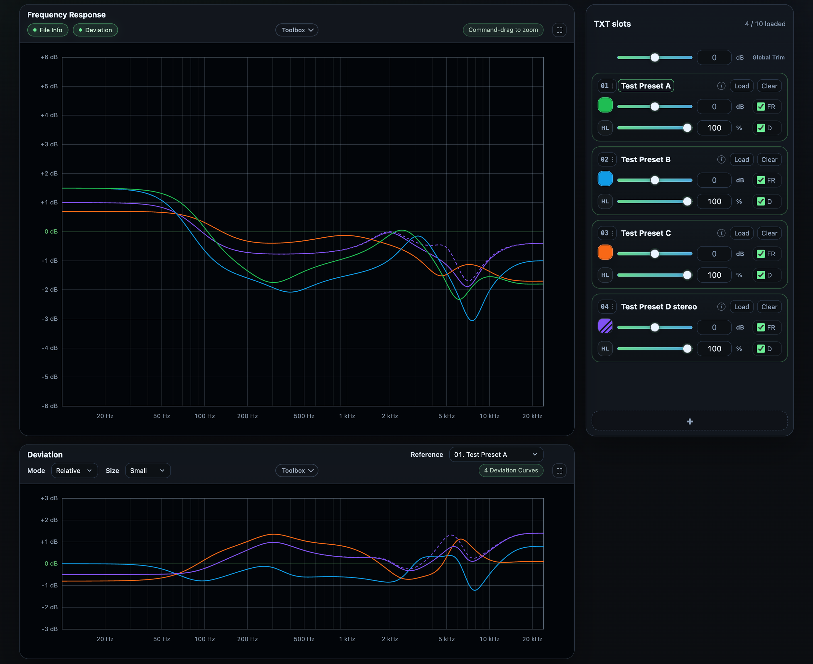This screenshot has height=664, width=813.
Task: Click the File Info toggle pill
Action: [48, 30]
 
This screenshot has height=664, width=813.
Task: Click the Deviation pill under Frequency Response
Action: [95, 30]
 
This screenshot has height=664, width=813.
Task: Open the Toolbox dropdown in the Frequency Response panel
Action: [297, 30]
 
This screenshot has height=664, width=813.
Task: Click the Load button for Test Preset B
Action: [741, 160]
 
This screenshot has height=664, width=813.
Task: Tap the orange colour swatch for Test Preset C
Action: [605, 252]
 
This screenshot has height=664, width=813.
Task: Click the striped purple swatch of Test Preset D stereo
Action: [605, 326]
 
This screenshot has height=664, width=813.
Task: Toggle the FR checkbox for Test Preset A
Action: [761, 107]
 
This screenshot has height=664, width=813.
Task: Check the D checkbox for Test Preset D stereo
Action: [761, 349]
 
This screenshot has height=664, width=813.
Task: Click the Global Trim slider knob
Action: [655, 57]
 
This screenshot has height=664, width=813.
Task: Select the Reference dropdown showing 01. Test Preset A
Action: [496, 454]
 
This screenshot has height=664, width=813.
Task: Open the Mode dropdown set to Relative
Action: [74, 471]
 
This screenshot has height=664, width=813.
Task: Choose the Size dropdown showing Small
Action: [148, 471]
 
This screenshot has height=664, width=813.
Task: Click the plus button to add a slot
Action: [690, 421]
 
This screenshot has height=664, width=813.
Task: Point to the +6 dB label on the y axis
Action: [49, 57]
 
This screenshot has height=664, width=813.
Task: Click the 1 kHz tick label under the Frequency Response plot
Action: [347, 416]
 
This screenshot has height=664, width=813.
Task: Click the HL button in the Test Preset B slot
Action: [605, 201]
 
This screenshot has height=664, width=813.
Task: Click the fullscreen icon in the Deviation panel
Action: [559, 471]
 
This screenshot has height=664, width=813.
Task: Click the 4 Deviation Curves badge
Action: [511, 471]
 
